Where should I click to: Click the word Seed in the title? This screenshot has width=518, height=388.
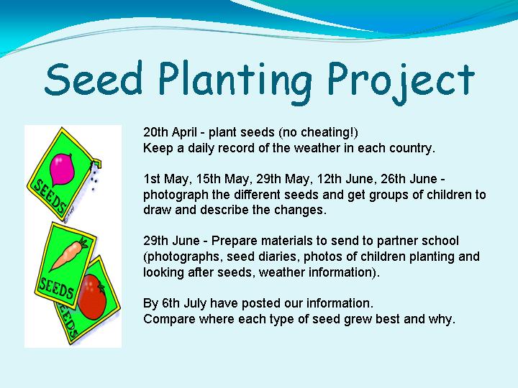click(94, 78)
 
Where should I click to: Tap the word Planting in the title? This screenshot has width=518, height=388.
click(235, 83)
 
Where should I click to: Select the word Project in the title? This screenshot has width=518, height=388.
click(401, 83)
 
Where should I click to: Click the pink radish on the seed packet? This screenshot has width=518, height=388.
click(61, 169)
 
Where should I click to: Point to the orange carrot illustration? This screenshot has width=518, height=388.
click(69, 254)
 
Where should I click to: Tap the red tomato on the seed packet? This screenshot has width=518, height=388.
click(92, 297)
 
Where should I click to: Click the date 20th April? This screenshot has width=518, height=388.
click(171, 133)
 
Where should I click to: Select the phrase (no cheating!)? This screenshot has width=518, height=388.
click(318, 133)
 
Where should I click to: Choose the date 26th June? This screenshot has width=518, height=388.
click(409, 179)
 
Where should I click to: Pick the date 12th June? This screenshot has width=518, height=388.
click(345, 179)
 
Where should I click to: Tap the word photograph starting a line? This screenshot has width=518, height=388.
click(176, 195)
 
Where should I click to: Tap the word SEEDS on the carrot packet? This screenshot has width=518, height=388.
click(56, 288)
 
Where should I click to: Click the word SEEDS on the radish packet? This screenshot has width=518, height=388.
click(50, 196)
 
